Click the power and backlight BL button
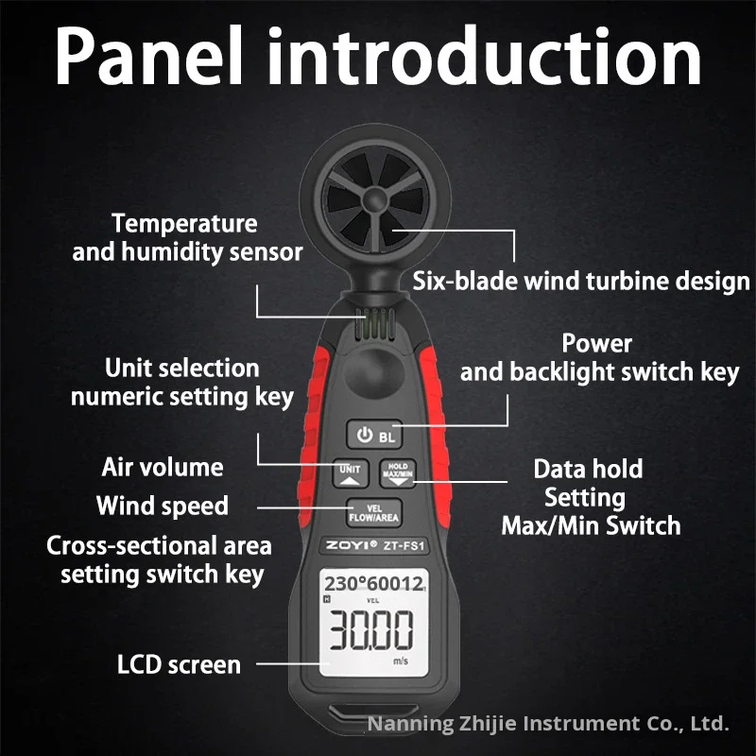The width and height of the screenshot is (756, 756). tap(374, 436)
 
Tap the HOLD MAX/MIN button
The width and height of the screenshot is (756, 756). tap(397, 472)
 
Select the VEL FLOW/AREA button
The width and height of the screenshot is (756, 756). tap(373, 512)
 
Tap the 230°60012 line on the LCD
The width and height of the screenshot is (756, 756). tap(372, 584)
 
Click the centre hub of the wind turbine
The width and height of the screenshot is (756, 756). tap(371, 201)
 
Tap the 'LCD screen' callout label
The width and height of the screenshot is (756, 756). tap(179, 664)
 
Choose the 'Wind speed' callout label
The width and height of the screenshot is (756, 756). tap(162, 506)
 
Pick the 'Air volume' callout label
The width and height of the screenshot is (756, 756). tap(162, 467)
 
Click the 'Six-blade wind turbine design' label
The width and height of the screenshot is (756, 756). tap(581, 281)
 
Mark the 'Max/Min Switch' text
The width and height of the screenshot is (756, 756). tap(591, 525)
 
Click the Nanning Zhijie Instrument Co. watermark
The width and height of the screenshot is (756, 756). tap(548, 725)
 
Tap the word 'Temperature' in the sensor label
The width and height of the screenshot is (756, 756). tap(184, 224)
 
